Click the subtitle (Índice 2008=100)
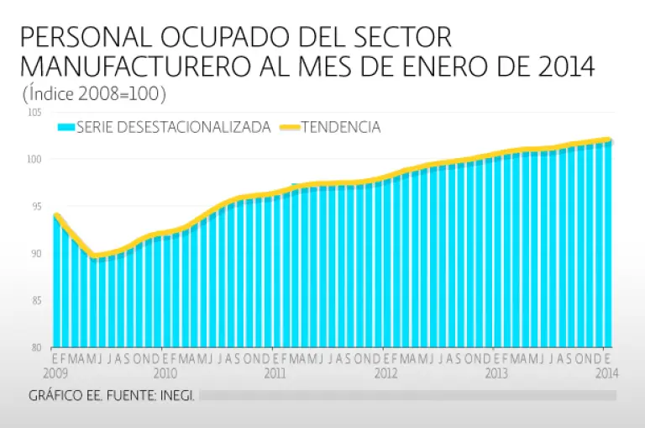(94, 92)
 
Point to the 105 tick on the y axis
(34, 113)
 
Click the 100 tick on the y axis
(34, 159)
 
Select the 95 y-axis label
(36, 206)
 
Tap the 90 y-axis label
(36, 253)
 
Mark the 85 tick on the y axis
(36, 300)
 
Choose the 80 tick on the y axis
(36, 347)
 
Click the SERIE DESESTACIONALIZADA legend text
(173, 128)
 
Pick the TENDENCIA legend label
(341, 128)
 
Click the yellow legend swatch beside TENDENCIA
(289, 128)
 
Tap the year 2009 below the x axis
(55, 371)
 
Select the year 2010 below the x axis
(165, 371)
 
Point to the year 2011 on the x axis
(275, 371)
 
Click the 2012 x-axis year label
(385, 371)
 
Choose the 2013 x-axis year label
(496, 371)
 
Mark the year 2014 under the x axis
(606, 371)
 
